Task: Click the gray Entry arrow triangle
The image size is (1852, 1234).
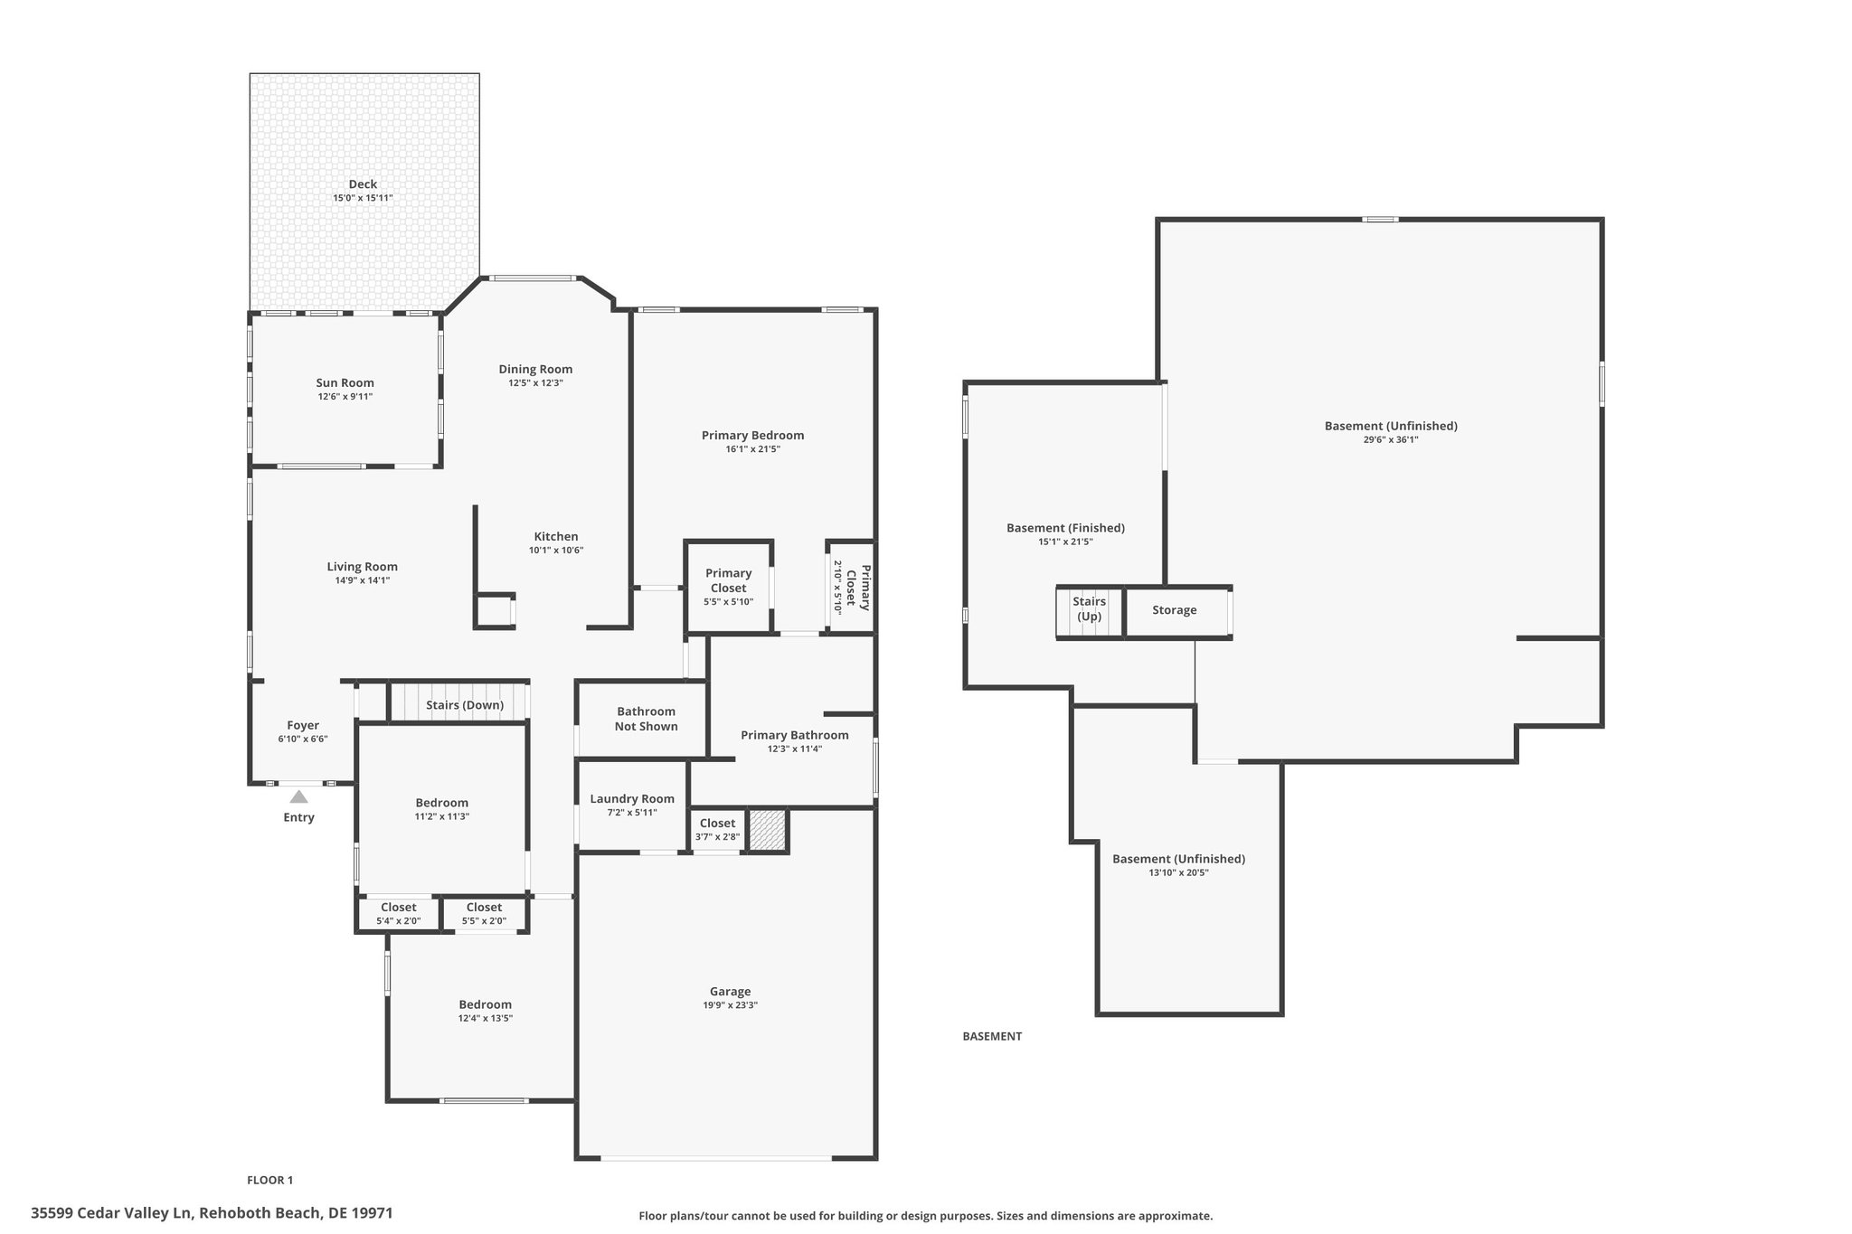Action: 298,796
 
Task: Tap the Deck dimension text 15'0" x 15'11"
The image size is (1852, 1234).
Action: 363,198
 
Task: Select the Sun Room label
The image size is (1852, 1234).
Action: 345,382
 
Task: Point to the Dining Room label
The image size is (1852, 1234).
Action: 535,369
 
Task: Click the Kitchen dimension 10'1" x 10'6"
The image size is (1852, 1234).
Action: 556,550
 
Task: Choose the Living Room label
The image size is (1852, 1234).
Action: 362,567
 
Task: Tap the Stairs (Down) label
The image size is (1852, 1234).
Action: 465,705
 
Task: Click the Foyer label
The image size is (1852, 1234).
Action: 303,725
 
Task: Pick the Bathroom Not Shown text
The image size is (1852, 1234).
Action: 646,719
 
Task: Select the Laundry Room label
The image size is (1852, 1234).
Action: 632,799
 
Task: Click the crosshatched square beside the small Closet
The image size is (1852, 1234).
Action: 769,830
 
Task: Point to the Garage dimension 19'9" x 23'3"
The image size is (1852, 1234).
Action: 730,1005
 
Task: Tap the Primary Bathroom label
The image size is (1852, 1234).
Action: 794,735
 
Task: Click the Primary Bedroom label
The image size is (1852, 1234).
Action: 752,435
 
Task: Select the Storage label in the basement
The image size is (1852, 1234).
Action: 1174,610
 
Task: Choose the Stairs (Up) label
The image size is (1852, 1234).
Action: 1090,609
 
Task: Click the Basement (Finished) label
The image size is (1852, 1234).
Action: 1065,528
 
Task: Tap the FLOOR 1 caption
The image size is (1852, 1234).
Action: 270,1180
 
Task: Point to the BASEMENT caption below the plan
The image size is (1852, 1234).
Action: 992,1036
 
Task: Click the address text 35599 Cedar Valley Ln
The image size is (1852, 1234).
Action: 113,1213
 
